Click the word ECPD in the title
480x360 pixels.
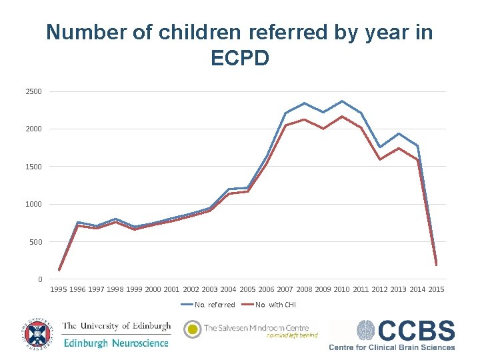[x=240, y=58]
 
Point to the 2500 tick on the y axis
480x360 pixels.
[x=34, y=91]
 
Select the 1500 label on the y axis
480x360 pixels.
[x=34, y=167]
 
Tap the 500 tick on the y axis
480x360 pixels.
[x=36, y=242]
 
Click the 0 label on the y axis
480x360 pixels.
[x=39, y=279]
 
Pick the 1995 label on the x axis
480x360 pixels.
[x=59, y=289]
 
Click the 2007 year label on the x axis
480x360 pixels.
[x=285, y=289]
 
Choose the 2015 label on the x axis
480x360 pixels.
[x=436, y=289]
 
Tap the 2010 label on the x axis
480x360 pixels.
[x=341, y=289]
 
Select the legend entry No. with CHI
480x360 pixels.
[x=275, y=305]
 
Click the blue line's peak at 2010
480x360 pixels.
[x=342, y=101]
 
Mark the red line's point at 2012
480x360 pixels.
[x=380, y=159]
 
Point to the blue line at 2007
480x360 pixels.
[x=285, y=113]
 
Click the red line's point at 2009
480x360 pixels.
[x=323, y=129]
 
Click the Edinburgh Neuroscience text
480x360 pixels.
[x=116, y=343]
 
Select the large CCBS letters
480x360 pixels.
[x=417, y=331]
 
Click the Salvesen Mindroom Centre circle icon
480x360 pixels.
[x=192, y=329]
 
